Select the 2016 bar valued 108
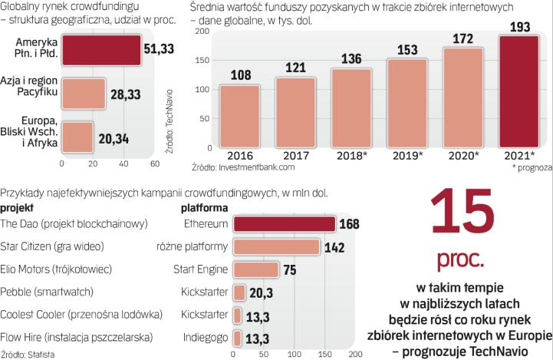(x=239, y=115)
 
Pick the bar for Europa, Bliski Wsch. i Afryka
(x=77, y=136)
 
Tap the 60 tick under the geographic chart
(x=154, y=163)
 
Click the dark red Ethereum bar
(x=284, y=224)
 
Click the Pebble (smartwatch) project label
(x=47, y=292)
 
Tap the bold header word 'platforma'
(x=204, y=207)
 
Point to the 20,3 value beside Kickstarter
(x=261, y=292)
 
